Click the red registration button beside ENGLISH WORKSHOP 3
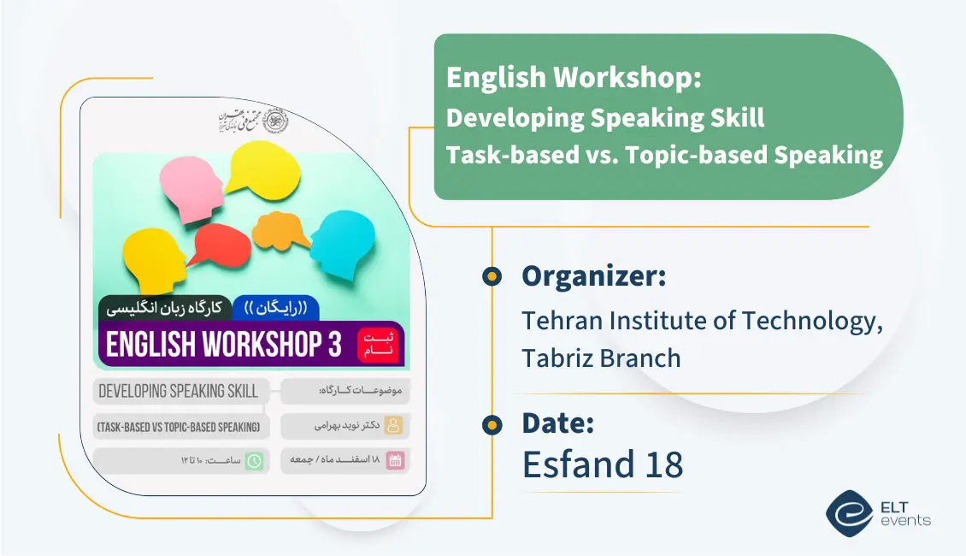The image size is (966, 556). pyautogui.click(x=378, y=343)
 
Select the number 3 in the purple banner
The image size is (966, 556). pyautogui.click(x=334, y=344)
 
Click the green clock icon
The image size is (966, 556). pyautogui.click(x=254, y=461)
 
